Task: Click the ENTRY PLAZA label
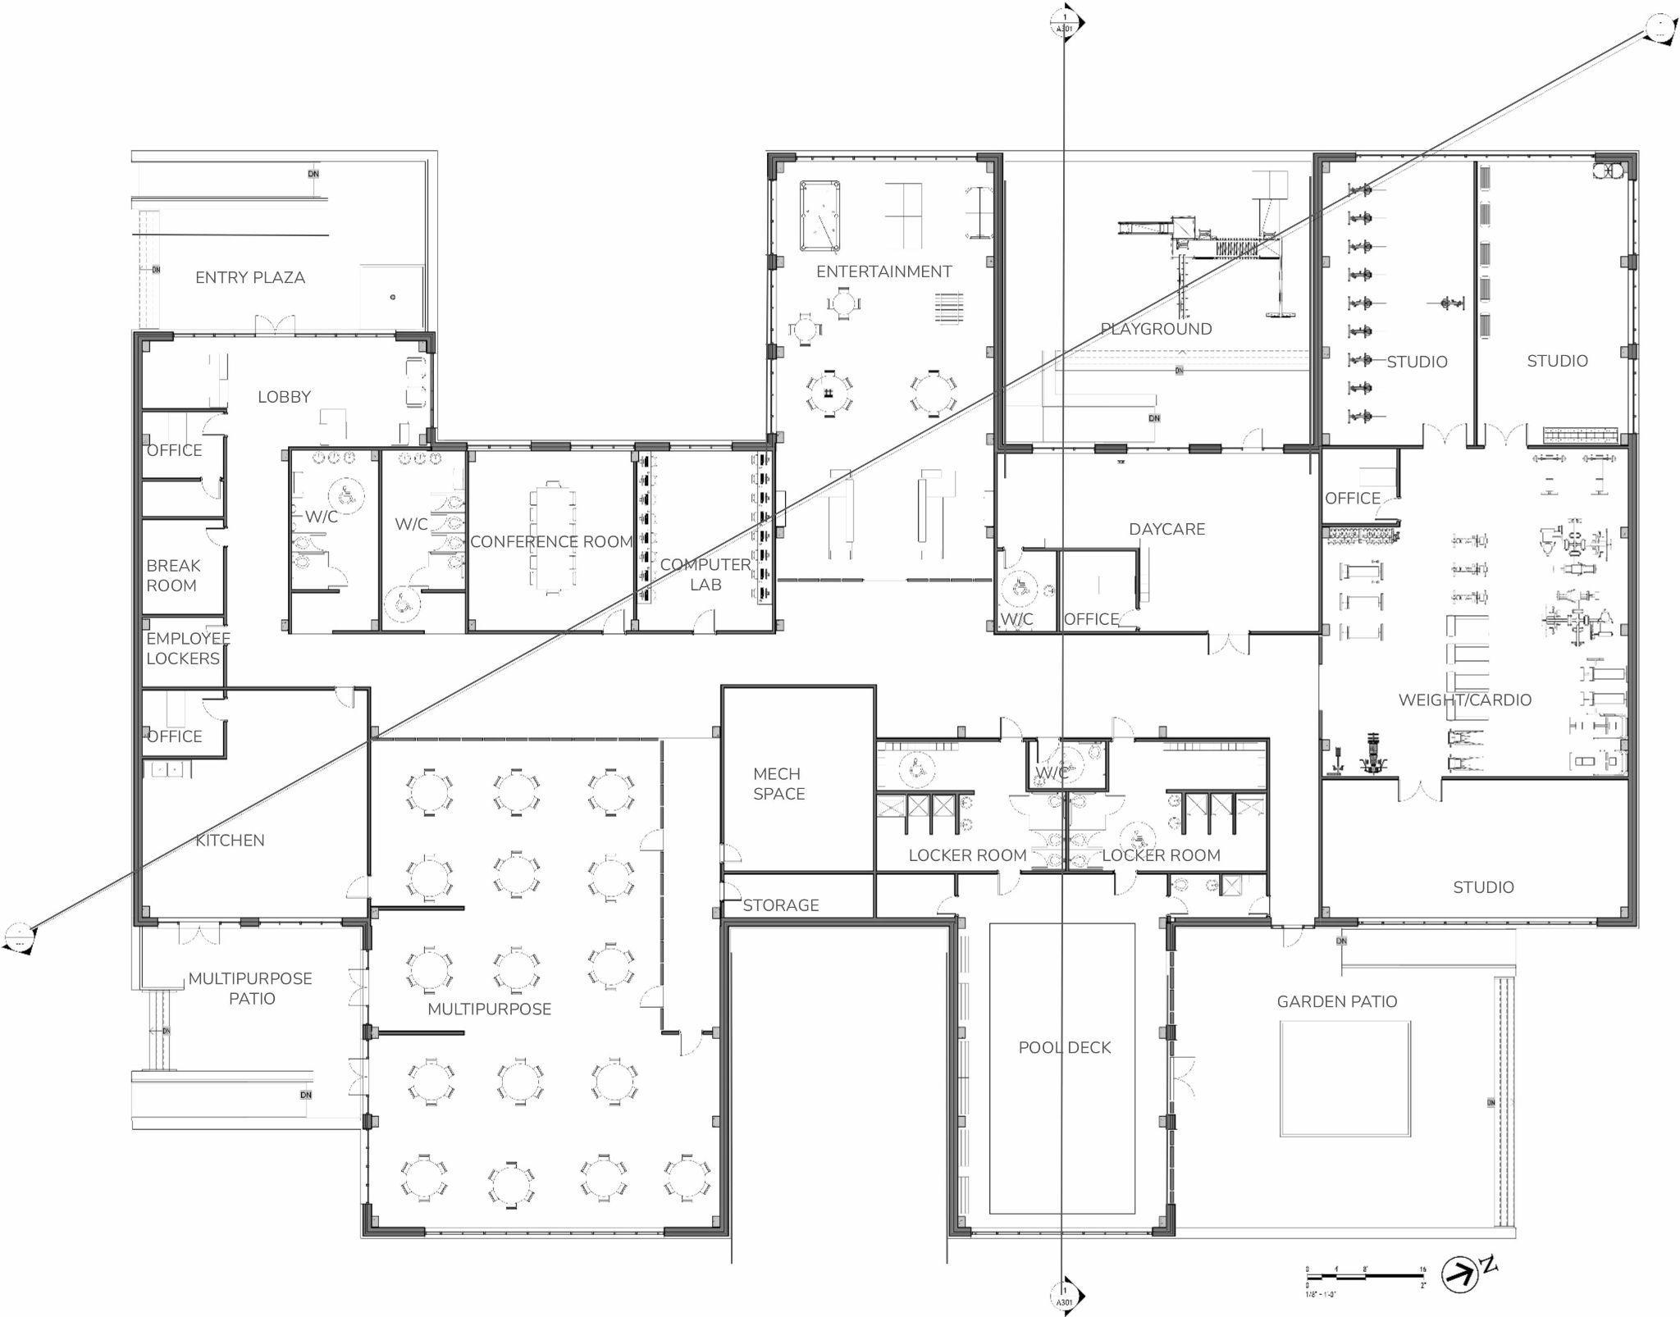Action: [x=250, y=278]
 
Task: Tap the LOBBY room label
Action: [x=284, y=397]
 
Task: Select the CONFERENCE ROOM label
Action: [x=551, y=542]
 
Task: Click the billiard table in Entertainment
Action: [x=819, y=216]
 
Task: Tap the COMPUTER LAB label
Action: [x=705, y=574]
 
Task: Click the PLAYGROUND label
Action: [x=1156, y=329]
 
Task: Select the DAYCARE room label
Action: [x=1166, y=529]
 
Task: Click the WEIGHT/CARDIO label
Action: [x=1464, y=700]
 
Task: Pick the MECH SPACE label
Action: [x=778, y=783]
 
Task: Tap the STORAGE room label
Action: [x=780, y=905]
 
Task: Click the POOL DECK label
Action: [x=1064, y=1047]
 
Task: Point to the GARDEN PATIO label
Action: [x=1336, y=1001]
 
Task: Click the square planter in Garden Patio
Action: [x=1344, y=1078]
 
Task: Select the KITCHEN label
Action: [x=230, y=840]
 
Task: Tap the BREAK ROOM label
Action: [x=172, y=576]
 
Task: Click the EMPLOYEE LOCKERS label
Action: [x=187, y=648]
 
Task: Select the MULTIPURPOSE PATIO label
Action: [x=250, y=988]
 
